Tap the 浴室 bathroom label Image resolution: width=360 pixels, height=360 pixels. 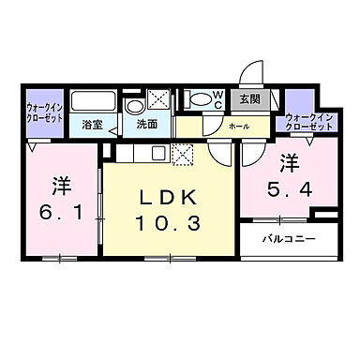[91, 124]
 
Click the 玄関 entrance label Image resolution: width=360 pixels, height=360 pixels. [248, 98]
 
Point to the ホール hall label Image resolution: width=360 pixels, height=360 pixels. [238, 125]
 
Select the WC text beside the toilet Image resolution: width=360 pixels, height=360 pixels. [218, 99]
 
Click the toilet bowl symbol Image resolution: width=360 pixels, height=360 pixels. [199, 98]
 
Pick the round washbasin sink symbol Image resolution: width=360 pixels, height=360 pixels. [134, 104]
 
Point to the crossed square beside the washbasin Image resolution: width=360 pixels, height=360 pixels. [159, 101]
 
